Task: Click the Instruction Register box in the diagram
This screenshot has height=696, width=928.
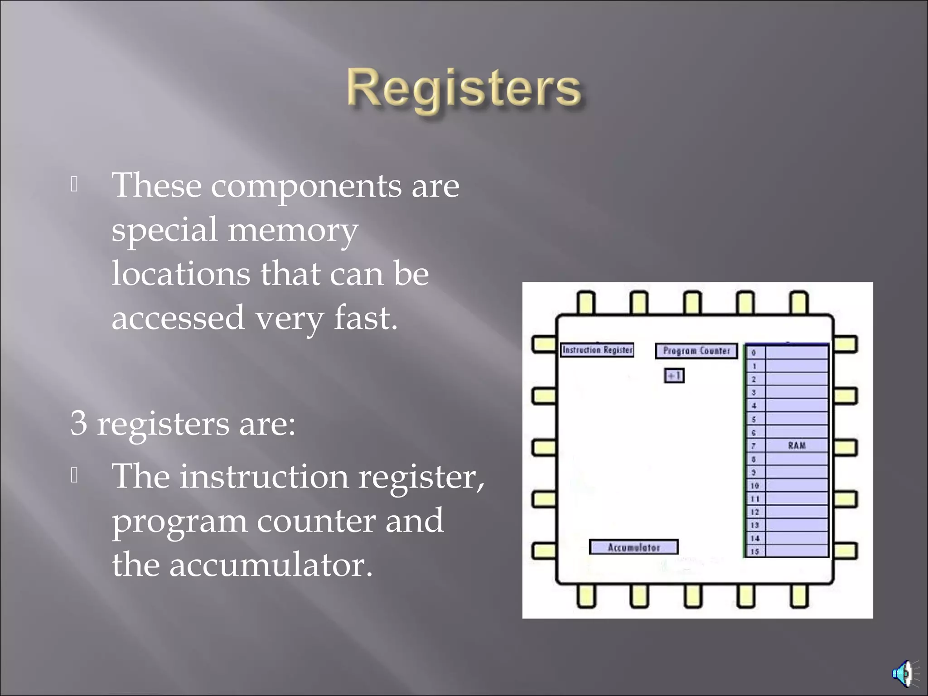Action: click(x=597, y=350)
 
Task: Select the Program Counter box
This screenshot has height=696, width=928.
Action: click(x=696, y=351)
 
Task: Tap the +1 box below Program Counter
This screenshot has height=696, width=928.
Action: click(x=674, y=376)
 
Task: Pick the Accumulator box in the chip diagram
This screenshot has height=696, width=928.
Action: click(x=633, y=547)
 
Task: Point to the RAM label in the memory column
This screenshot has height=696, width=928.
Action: click(x=797, y=445)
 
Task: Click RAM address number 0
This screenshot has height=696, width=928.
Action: click(x=754, y=353)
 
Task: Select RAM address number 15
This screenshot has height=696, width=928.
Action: click(x=754, y=551)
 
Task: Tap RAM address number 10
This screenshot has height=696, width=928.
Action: click(x=754, y=485)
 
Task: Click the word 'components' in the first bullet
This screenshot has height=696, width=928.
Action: click(x=306, y=186)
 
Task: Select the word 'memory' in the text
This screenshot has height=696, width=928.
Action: click(x=292, y=230)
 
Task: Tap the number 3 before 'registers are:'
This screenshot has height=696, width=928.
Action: click(x=78, y=423)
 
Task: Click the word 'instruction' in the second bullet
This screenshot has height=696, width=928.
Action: click(x=264, y=477)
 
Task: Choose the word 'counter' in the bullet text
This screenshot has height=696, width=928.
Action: click(x=316, y=521)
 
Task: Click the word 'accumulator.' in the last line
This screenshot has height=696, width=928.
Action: click(x=271, y=565)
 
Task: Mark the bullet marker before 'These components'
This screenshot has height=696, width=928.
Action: click(x=75, y=184)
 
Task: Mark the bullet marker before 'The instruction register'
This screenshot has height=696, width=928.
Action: click(x=75, y=475)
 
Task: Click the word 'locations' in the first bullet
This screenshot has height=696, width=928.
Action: click(x=180, y=274)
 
